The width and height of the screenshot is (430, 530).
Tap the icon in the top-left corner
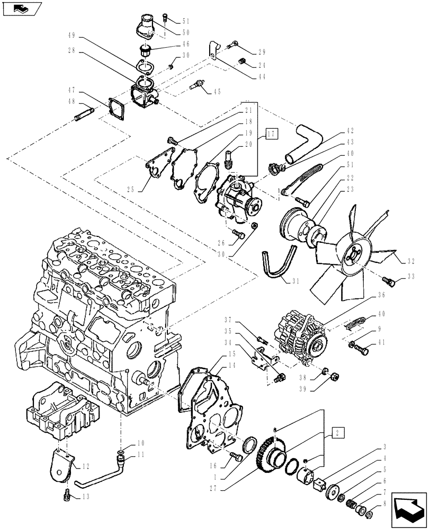pos(21,8)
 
